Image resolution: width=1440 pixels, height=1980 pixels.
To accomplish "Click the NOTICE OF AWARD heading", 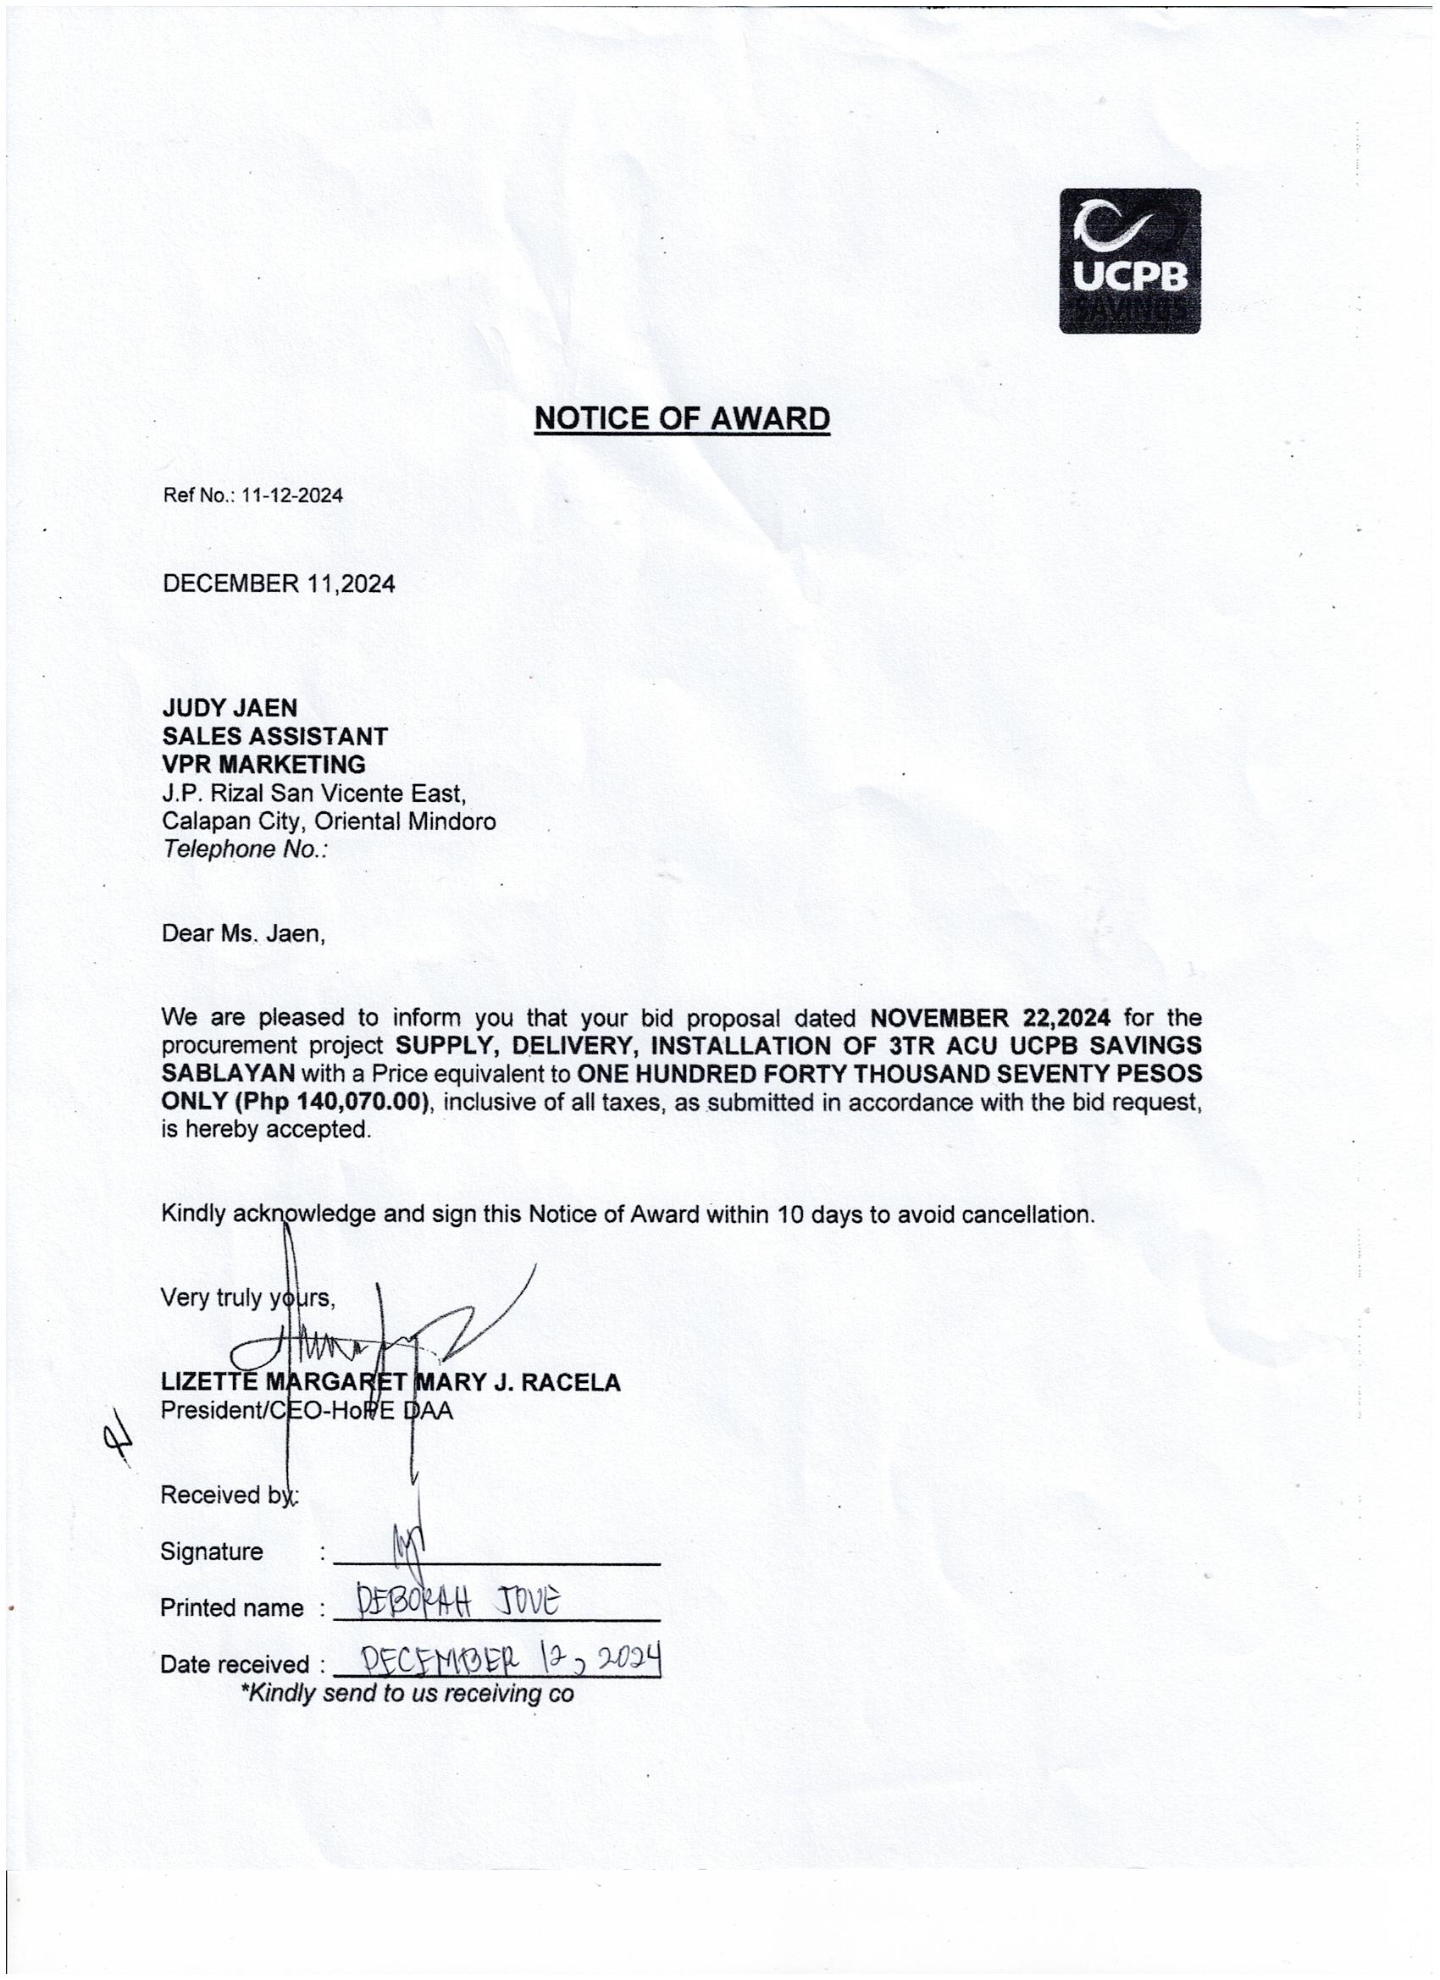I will click(x=681, y=419).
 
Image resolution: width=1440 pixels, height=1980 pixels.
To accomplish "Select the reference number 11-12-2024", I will click(x=291, y=496).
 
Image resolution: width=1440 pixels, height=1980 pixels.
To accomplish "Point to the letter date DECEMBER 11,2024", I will click(x=279, y=584).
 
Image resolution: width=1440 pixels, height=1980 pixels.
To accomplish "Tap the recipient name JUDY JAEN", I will click(x=230, y=707).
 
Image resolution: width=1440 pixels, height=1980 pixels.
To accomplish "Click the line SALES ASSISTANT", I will click(x=274, y=736).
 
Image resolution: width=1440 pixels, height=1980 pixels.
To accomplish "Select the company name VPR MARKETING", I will click(x=263, y=764).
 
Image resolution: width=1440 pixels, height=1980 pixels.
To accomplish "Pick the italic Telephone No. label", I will click(x=245, y=849).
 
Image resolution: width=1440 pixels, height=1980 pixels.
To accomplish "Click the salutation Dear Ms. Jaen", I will click(x=243, y=933).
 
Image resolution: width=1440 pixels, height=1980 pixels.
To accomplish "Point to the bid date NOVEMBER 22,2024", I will click(x=990, y=1018).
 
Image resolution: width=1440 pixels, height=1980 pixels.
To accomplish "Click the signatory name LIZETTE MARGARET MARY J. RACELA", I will click(x=390, y=1383).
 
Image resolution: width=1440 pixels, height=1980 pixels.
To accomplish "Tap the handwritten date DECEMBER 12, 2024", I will click(x=510, y=1658).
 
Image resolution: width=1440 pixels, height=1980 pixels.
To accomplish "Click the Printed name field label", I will click(x=231, y=1608).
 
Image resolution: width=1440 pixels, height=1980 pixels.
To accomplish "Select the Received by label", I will click(x=229, y=1496).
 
